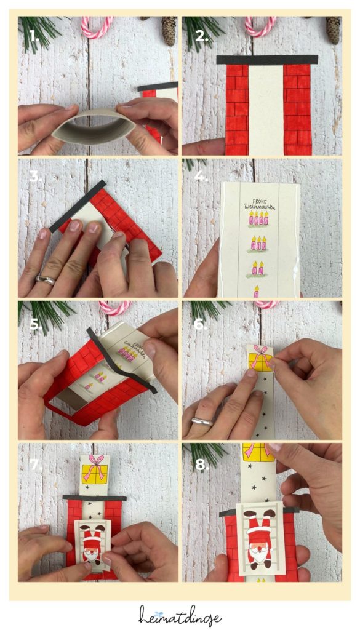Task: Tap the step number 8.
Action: [201, 465]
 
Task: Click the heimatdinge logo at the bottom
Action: [180, 615]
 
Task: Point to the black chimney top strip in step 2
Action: [267, 60]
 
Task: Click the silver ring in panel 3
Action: [45, 280]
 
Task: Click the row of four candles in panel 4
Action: [258, 219]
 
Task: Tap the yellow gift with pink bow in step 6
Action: [260, 359]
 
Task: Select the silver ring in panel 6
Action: [202, 421]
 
